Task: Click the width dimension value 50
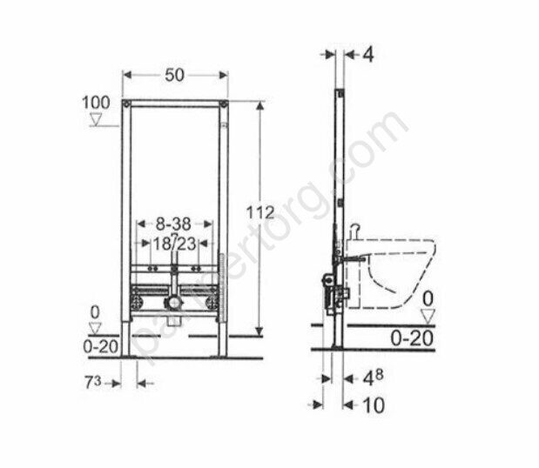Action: coord(175,77)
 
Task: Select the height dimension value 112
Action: coord(260,212)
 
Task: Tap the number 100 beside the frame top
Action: coord(97,103)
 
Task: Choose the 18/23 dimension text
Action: coord(174,244)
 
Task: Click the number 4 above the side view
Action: coord(367,55)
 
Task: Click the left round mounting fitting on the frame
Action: coord(136,304)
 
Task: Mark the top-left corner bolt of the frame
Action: coord(127,105)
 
